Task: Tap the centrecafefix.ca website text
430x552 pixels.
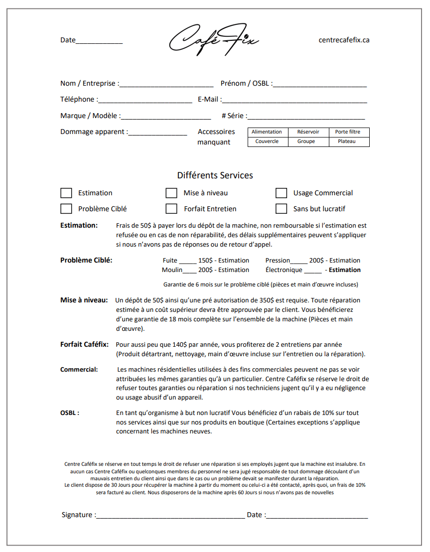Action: pos(344,40)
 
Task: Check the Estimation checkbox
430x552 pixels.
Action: pos(66,193)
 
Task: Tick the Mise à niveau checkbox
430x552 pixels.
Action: pos(171,193)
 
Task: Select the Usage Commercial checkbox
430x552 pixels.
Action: pos(282,193)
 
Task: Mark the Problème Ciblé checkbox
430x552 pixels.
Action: pos(66,208)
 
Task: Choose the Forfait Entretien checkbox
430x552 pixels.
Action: pos(171,208)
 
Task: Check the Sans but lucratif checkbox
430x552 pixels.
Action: pos(282,208)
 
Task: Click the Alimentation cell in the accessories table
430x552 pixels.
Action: pos(267,132)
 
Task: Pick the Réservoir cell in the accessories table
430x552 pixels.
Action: pos(308,132)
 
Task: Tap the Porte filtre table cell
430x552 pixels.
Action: pos(348,132)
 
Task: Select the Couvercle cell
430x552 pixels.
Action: pos(267,141)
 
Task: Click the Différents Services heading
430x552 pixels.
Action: pos(215,175)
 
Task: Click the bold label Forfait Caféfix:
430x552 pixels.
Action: pos(84,344)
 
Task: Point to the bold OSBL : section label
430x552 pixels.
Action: pos(70,413)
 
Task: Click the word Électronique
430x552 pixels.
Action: pos(284,270)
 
